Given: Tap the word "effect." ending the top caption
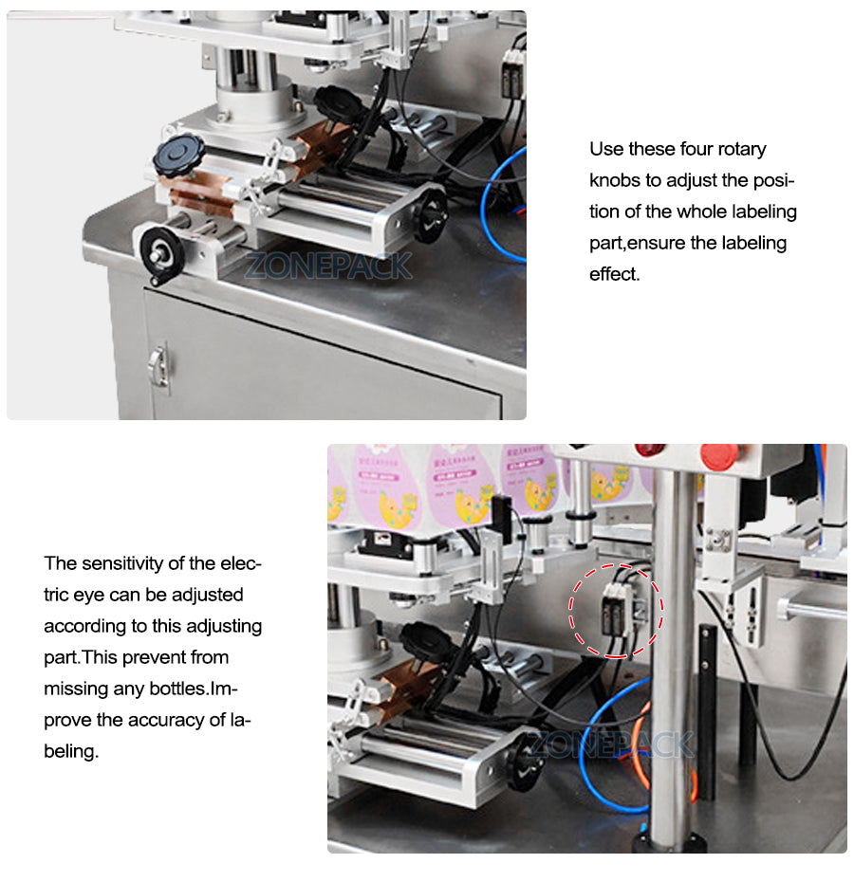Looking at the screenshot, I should [x=615, y=274].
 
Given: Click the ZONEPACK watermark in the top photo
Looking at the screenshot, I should [x=328, y=266].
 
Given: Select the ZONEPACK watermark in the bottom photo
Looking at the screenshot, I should [x=610, y=744].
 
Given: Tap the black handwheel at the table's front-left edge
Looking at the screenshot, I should [x=162, y=250].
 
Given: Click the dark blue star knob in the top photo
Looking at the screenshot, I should [x=179, y=155].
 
